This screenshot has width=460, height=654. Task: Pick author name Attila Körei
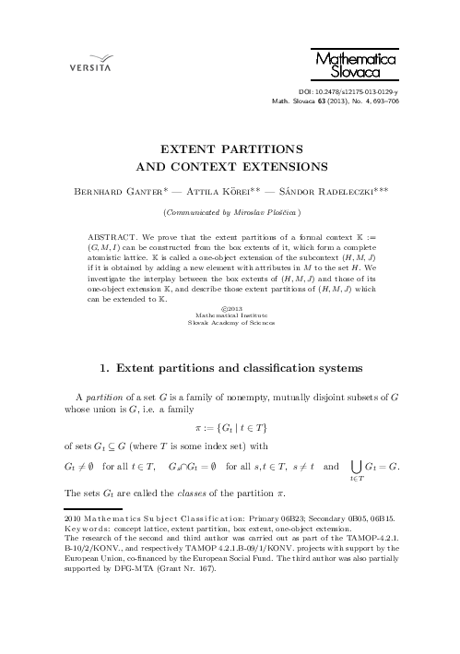pos(218,195)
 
